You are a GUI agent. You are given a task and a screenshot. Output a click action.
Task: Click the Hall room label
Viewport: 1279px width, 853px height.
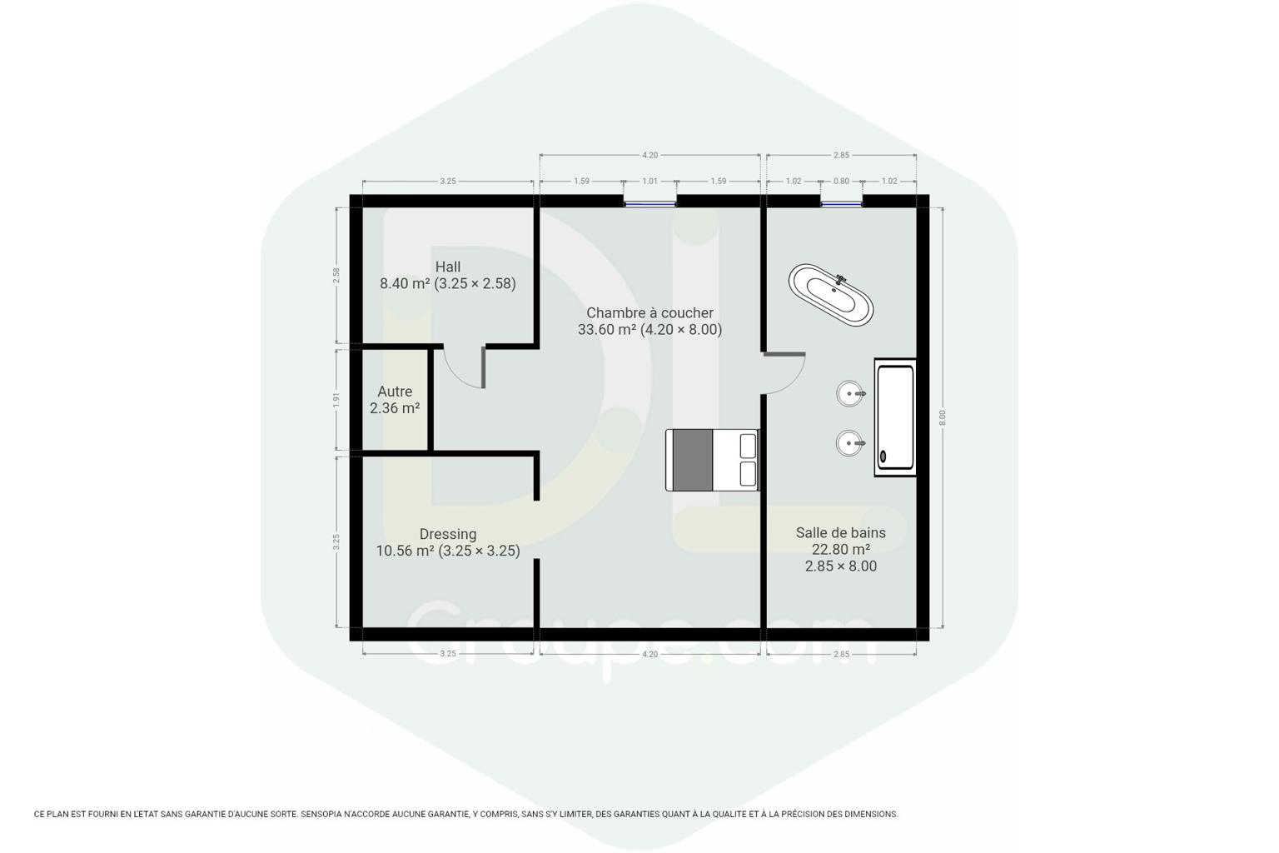coord(448,267)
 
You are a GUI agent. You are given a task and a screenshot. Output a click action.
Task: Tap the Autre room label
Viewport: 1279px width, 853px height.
coord(395,392)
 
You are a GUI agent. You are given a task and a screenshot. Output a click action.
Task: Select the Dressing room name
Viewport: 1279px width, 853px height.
coord(448,534)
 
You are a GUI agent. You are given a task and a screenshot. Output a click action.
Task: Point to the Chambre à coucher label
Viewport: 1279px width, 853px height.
coord(649,313)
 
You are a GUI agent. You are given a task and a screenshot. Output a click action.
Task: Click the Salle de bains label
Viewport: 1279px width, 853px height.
coord(840,532)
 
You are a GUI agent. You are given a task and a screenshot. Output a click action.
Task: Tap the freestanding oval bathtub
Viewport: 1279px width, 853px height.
coord(831,295)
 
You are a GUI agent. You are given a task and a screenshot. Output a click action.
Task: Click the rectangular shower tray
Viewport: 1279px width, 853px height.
coord(895,417)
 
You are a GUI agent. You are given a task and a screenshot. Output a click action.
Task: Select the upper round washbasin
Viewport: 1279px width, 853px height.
coord(850,394)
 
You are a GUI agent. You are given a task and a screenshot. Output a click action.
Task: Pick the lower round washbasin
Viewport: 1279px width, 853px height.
coord(850,443)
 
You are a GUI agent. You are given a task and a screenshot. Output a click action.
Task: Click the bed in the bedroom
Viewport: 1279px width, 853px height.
coord(712,460)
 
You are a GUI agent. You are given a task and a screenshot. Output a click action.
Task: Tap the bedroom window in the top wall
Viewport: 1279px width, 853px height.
coord(649,203)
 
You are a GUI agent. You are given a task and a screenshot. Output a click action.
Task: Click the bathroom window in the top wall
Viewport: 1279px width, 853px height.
coord(841,203)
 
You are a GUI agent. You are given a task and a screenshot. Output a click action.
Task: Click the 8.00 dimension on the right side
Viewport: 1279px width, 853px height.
coord(943,417)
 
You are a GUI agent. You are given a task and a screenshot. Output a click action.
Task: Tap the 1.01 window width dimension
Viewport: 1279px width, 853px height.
coord(649,181)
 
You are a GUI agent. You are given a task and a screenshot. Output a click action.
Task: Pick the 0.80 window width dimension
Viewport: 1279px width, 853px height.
coord(841,181)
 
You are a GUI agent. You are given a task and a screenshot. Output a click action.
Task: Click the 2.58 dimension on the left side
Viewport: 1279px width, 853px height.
coord(336,276)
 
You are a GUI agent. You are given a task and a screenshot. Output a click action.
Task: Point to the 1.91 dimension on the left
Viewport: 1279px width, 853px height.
coord(336,400)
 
